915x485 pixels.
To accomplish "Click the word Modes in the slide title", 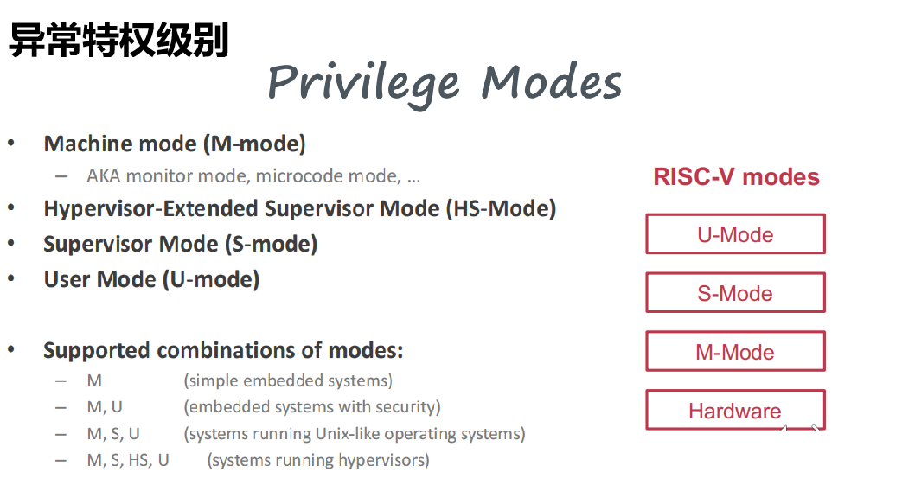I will (x=551, y=83).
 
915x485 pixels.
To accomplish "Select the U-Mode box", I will (x=735, y=234).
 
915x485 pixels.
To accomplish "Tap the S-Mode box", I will (x=735, y=293).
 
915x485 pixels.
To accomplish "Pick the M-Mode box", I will (x=735, y=352).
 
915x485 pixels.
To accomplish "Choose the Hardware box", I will (x=735, y=411).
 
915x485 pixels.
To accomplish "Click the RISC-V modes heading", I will (x=736, y=177).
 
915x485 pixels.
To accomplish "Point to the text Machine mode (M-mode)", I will (x=175, y=144).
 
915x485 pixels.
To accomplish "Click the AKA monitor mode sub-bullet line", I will (x=253, y=176).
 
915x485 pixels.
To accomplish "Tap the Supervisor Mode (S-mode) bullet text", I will (x=181, y=245).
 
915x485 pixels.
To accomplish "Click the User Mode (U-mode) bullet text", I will (x=151, y=280).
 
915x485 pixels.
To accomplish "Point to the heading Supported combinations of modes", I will (x=223, y=351).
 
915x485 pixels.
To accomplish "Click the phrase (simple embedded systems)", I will (x=288, y=381).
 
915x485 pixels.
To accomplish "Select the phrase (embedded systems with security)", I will (x=312, y=407).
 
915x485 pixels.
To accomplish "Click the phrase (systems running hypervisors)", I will (x=318, y=460).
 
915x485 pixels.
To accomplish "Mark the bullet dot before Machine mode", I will (x=11, y=143).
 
